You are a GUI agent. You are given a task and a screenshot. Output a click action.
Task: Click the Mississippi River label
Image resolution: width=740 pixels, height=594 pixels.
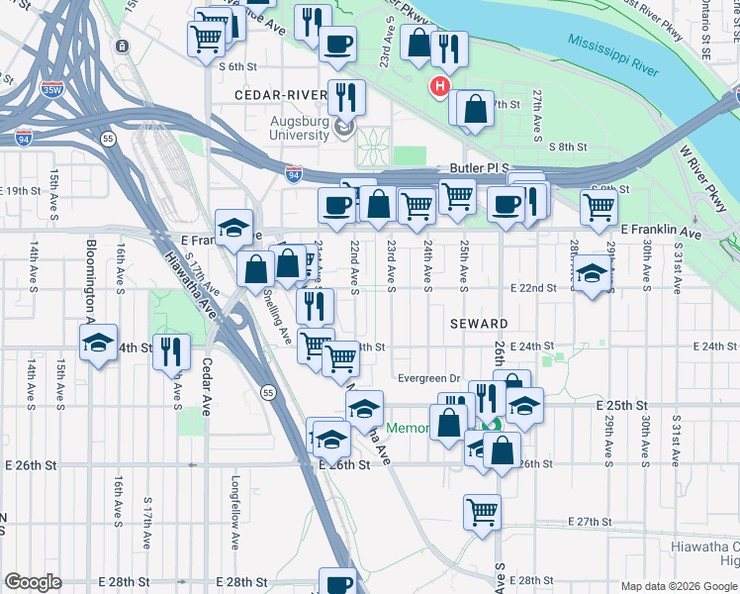(x=612, y=55)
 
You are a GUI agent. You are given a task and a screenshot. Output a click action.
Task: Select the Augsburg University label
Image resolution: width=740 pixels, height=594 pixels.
(x=300, y=128)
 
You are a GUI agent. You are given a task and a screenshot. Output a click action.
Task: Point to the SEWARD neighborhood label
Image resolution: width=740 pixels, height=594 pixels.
(x=480, y=324)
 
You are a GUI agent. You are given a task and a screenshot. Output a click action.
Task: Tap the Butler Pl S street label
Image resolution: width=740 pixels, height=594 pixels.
(x=478, y=169)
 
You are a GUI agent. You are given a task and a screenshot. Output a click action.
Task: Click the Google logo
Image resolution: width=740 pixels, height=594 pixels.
(x=33, y=582)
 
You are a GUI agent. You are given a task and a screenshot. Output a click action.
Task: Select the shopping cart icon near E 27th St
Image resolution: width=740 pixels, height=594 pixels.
(x=482, y=512)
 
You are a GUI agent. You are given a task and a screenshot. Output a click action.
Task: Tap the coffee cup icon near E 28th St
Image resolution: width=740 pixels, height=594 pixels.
(x=338, y=584)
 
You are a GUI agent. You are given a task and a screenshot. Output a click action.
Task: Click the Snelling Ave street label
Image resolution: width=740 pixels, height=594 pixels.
(x=281, y=317)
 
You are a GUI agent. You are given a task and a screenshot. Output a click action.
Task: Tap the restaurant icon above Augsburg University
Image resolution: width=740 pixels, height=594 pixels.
(x=345, y=96)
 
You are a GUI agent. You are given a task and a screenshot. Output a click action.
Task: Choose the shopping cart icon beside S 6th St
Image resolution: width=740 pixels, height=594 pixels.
(x=206, y=37)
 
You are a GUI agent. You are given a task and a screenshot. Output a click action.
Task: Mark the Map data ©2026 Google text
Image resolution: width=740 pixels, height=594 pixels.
(x=678, y=585)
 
